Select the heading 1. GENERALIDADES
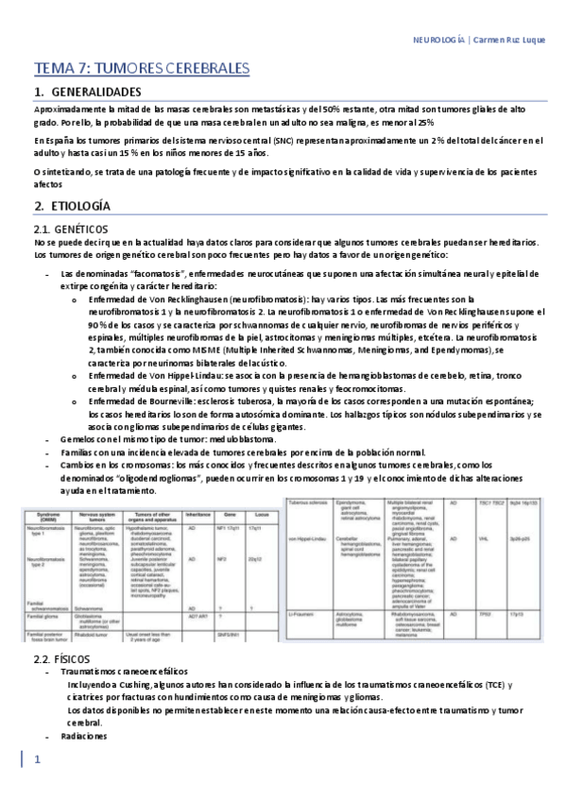(94, 93)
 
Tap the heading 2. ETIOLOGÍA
(78, 205)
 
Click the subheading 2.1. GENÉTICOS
(70, 229)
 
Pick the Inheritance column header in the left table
(197, 514)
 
